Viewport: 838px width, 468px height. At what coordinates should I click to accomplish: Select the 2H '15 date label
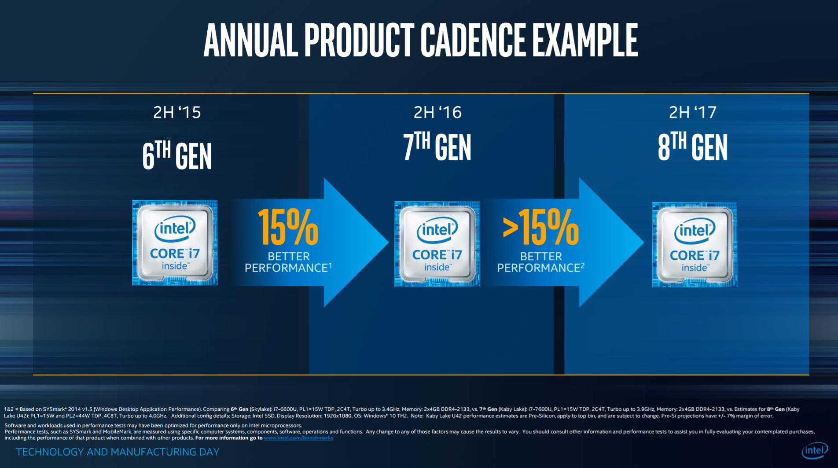click(177, 113)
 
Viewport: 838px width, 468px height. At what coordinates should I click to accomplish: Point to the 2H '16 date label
click(437, 113)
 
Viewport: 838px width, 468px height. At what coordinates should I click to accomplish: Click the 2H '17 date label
click(693, 113)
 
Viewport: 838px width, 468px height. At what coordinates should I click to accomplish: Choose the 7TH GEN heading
click(437, 147)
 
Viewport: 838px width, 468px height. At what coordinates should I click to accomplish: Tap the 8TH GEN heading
click(693, 147)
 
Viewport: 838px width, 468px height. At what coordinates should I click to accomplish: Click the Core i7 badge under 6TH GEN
click(175, 243)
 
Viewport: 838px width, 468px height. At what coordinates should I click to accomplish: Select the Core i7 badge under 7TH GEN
click(437, 244)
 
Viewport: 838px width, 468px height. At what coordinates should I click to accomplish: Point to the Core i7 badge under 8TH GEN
click(695, 245)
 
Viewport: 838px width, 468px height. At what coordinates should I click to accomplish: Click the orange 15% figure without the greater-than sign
click(288, 227)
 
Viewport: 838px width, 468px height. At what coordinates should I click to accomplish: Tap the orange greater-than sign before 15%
click(511, 228)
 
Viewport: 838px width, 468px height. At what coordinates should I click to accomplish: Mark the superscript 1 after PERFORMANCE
click(330, 265)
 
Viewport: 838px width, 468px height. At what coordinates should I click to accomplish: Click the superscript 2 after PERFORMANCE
click(582, 265)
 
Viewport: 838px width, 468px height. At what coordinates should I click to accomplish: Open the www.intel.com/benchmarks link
click(298, 438)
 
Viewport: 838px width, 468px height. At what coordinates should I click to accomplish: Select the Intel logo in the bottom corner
click(814, 450)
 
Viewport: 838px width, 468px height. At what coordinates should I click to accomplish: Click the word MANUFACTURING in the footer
click(165, 452)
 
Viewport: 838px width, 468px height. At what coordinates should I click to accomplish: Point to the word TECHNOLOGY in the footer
click(50, 452)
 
